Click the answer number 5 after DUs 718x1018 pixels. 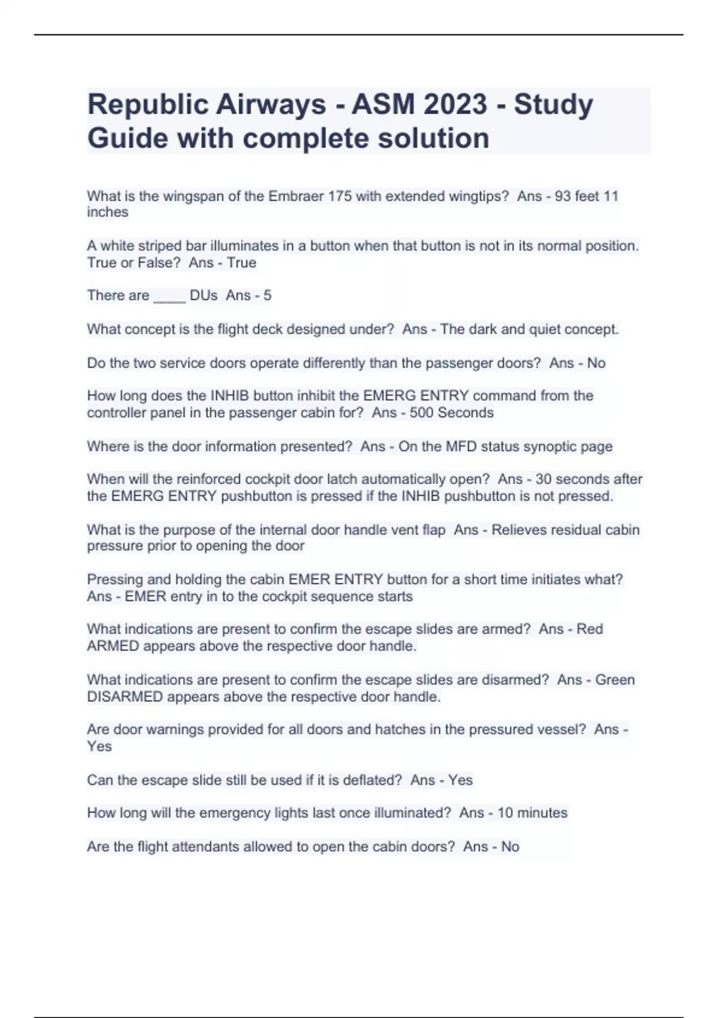click(x=267, y=295)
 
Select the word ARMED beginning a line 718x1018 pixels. click(x=113, y=646)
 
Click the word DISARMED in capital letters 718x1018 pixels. click(x=125, y=697)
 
